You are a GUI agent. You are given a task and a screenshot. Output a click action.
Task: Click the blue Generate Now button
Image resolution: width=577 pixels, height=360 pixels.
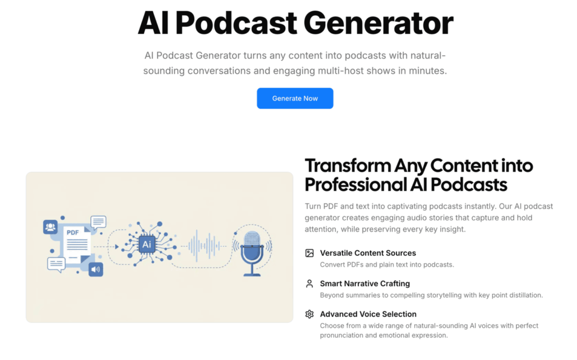coord(295,98)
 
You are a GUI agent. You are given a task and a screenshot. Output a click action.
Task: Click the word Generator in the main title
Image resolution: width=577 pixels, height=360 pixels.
coord(379,24)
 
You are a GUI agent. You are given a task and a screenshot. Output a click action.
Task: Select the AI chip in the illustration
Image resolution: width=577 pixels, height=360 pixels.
coord(147,244)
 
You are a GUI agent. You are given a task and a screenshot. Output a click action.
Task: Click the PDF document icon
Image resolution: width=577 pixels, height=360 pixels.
coord(77,243)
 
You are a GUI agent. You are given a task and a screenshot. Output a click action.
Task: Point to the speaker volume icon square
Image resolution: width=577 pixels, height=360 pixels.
coord(96,269)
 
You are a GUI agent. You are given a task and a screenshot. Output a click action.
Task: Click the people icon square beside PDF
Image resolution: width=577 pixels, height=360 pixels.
coord(50,226)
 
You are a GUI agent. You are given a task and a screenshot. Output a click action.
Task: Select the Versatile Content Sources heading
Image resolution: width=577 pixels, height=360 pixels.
coord(368,253)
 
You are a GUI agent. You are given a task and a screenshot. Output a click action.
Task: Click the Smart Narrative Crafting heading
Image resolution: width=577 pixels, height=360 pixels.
coord(365,283)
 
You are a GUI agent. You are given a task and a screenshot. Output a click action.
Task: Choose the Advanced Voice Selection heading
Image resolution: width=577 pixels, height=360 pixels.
coord(368,314)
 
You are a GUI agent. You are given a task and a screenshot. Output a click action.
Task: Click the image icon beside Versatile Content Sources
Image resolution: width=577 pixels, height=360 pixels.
coord(309,253)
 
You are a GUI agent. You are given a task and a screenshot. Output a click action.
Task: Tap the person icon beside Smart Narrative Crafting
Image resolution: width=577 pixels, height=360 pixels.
coord(309,283)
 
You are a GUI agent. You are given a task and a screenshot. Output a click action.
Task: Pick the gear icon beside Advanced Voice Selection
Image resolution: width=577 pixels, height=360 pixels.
coord(309,314)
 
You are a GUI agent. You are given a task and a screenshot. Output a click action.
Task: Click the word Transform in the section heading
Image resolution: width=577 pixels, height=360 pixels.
coord(348,166)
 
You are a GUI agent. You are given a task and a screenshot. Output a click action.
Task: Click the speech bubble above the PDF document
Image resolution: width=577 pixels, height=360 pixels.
coord(98,223)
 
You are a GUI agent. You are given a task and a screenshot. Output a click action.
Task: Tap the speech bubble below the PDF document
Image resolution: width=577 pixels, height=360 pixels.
coord(56,265)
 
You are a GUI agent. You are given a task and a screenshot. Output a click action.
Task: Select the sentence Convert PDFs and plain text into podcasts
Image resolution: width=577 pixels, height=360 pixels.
coord(387,265)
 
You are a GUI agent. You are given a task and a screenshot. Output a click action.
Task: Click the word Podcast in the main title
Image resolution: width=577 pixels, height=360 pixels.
coord(236,24)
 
